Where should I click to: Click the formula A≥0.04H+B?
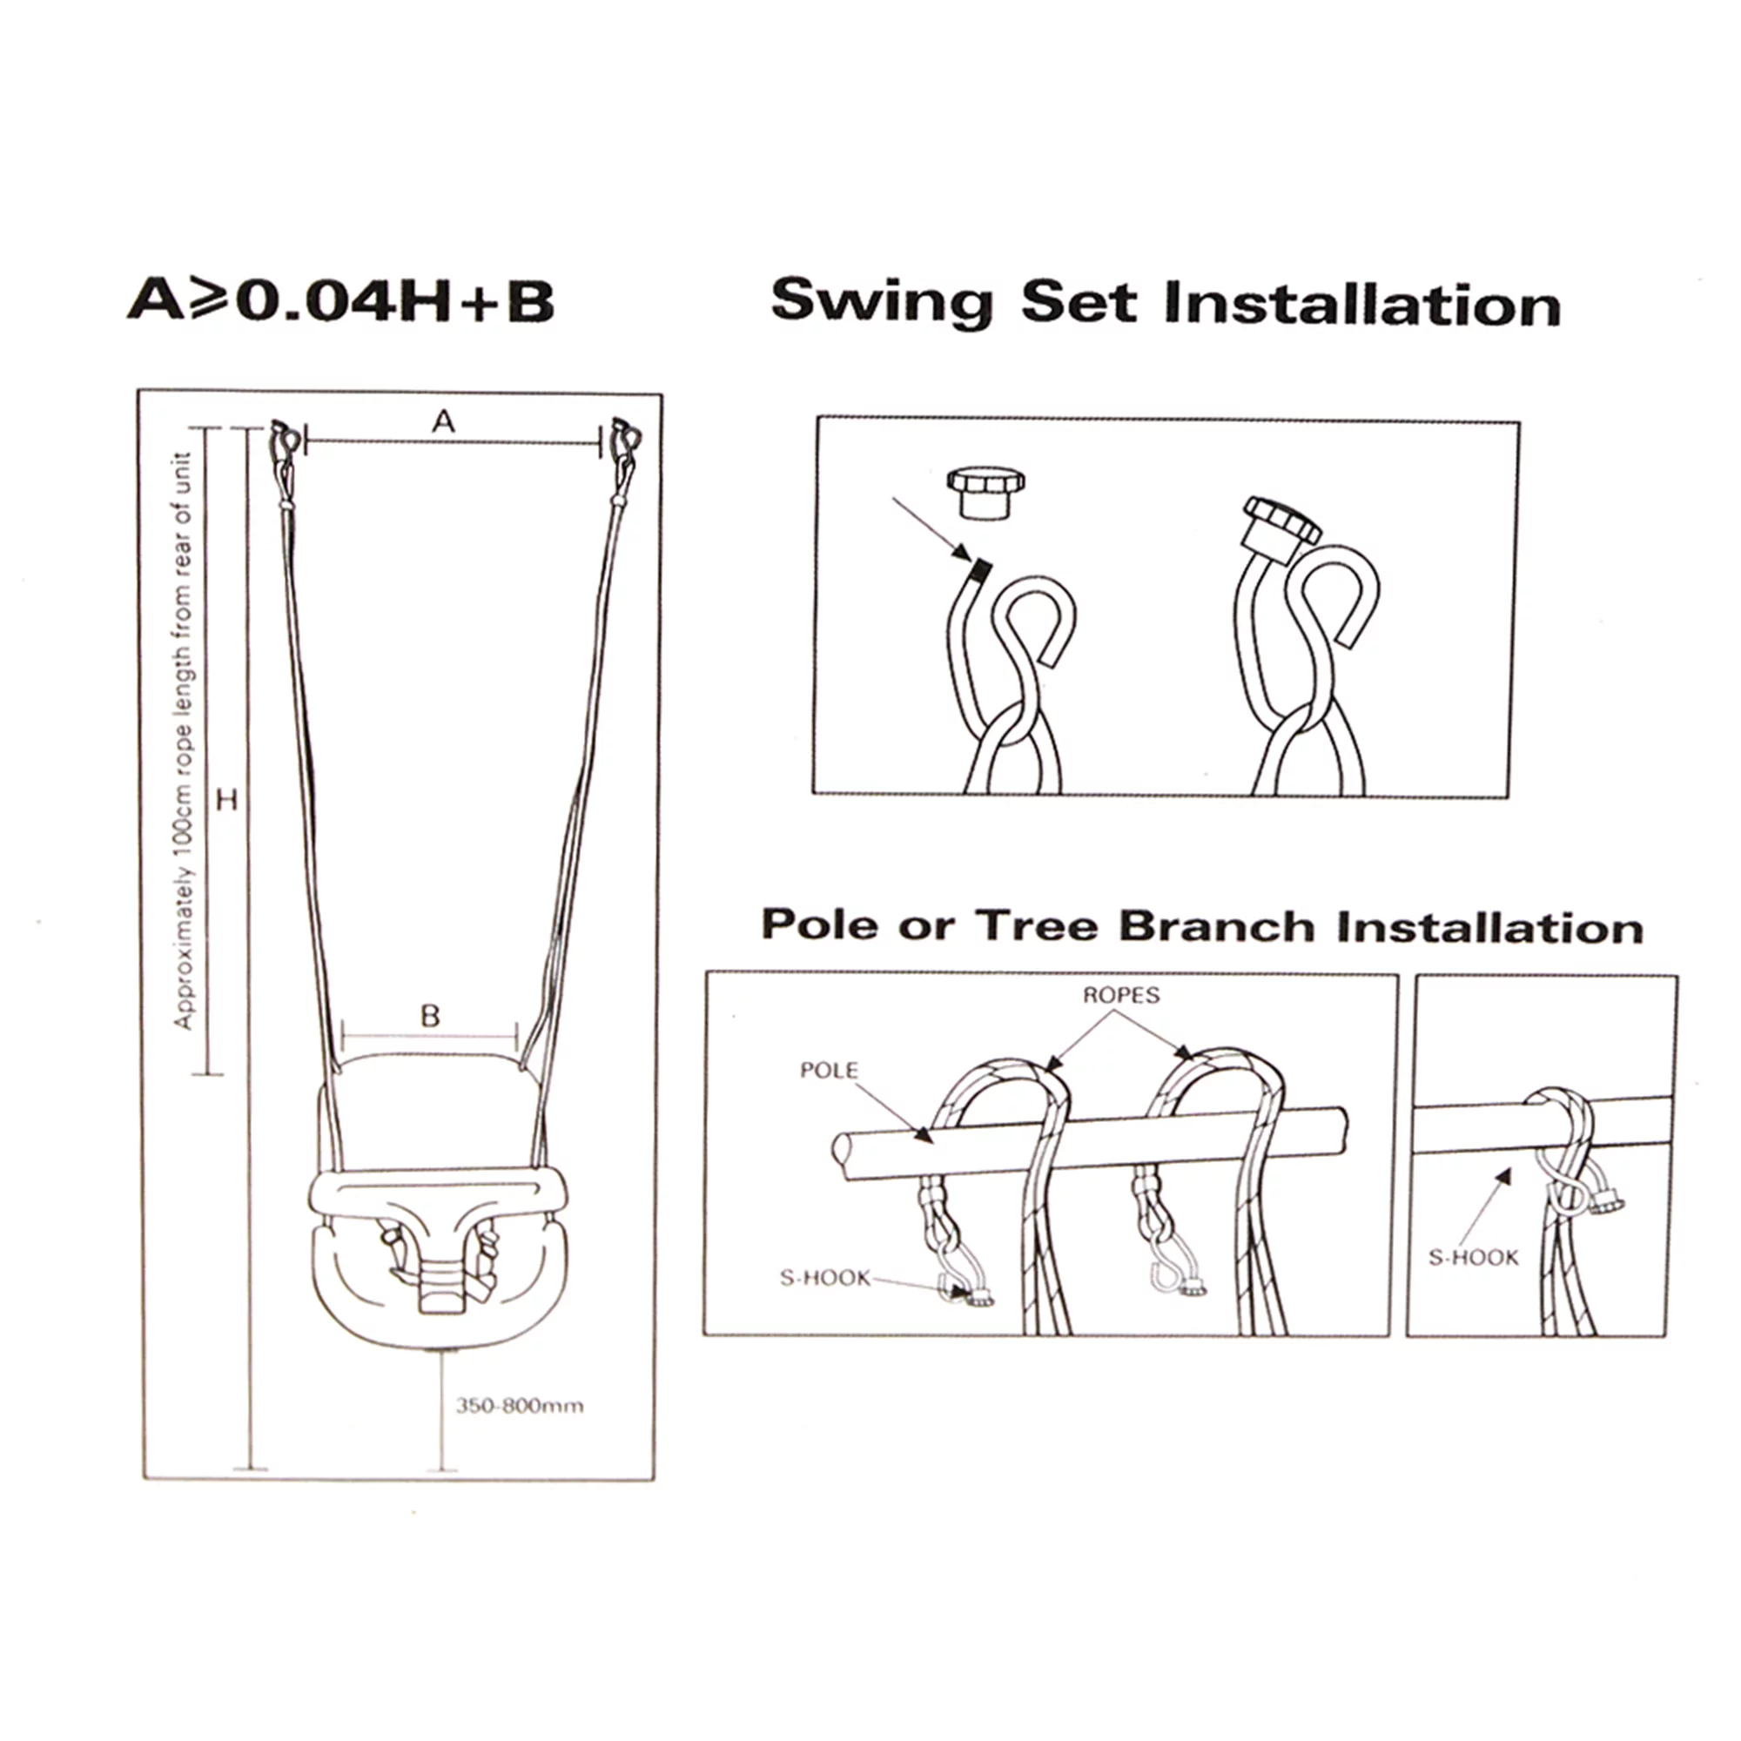coord(340,300)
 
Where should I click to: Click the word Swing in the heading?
coord(882,304)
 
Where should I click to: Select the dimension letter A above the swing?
coord(443,420)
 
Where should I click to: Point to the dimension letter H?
coord(227,799)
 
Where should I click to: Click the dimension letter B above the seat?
coord(430,1017)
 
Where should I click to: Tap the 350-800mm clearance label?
coord(520,1406)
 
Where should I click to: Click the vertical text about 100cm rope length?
coord(183,741)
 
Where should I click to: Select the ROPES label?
coord(1121,995)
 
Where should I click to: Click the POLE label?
coord(829,1070)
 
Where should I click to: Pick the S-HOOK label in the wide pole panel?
coord(825,1278)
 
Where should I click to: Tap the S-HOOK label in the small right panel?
coord(1474,1257)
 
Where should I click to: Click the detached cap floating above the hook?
coord(986,493)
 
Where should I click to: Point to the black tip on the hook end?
coord(978,569)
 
